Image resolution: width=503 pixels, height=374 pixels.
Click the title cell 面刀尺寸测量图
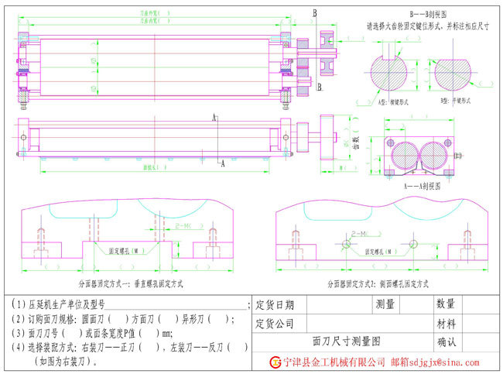[x=346, y=340]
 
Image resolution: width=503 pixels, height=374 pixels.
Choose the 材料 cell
[x=446, y=322]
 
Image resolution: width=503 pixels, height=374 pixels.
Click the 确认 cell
[x=446, y=341]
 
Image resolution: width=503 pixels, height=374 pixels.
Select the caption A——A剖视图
[x=423, y=186]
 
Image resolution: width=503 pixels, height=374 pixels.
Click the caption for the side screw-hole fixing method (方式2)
[x=379, y=283]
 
